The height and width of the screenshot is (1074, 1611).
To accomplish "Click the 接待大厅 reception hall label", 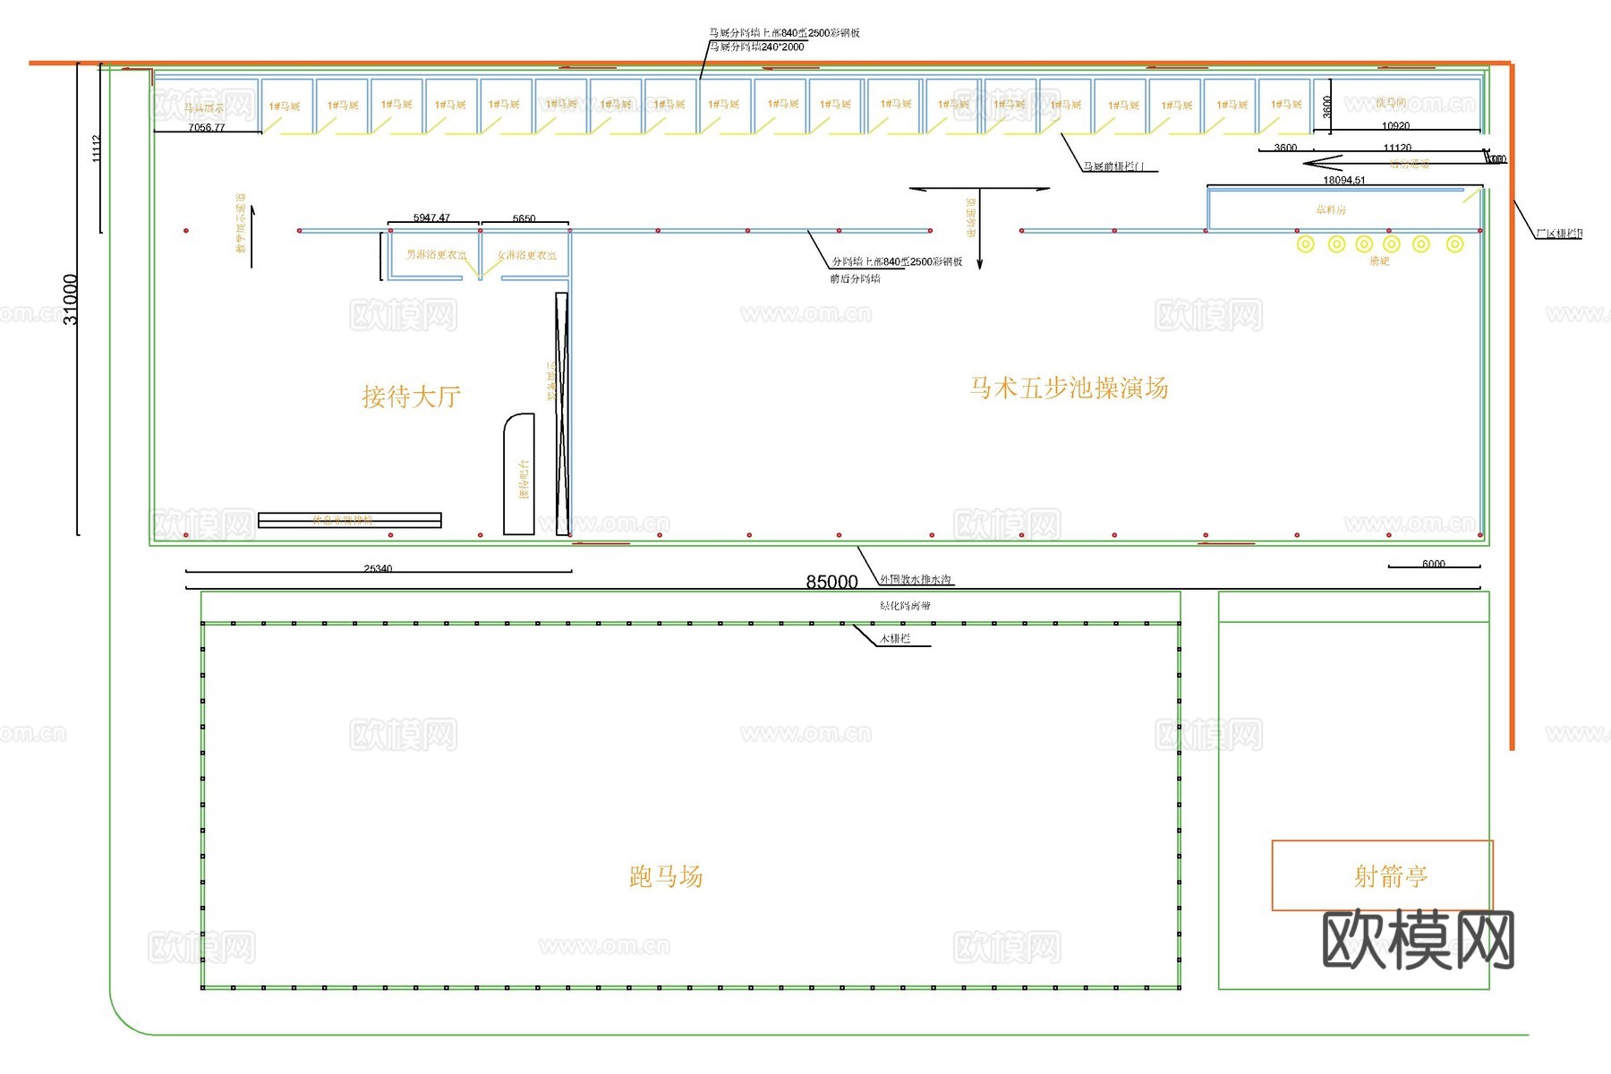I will (411, 396).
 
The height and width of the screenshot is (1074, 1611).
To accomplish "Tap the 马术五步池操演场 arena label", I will (1068, 388).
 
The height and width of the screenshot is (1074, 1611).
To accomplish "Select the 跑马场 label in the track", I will (666, 876).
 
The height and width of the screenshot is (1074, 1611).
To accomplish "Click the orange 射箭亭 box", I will (1382, 875).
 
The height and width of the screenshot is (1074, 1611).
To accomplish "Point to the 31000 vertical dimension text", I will (71, 299).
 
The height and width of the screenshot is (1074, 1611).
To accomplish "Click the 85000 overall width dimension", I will (831, 582).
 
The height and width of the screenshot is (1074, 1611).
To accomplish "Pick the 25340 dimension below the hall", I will (378, 568).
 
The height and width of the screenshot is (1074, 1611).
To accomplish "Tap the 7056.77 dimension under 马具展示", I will (207, 128).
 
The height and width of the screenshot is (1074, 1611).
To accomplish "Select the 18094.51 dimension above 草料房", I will (1344, 180).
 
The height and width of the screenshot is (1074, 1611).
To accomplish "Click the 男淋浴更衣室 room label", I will (437, 255).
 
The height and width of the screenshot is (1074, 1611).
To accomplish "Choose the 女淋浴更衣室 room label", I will (527, 255).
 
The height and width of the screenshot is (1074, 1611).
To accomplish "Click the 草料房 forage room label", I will (1331, 209).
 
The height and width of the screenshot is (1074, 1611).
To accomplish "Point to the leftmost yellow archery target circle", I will (1306, 243).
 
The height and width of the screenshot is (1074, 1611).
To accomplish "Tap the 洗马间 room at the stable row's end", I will (1390, 104).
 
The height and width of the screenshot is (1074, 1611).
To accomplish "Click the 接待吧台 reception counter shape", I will (519, 474).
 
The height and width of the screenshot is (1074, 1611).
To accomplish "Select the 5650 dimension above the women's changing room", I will (524, 218).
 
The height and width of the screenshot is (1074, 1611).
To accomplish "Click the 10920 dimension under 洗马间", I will (1395, 126).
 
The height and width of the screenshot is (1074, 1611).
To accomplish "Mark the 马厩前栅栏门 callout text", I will (1113, 166).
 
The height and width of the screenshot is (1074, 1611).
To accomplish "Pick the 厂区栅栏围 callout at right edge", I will (1558, 234).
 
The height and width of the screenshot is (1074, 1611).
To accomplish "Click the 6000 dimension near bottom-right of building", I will (1433, 564).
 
